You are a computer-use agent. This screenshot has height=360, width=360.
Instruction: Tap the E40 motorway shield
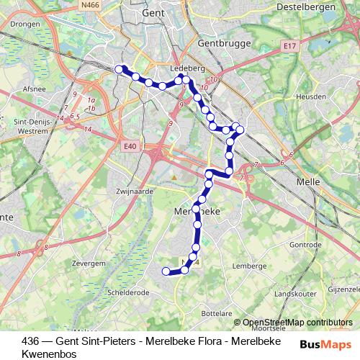(130, 147)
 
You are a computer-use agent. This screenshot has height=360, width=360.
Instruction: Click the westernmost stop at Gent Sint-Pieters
(120, 69)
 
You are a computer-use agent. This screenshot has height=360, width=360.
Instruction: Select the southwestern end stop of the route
(166, 271)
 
